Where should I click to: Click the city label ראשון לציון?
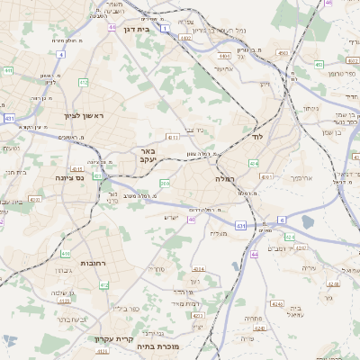(84, 116)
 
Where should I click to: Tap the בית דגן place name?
(136, 29)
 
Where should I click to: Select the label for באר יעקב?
(148, 155)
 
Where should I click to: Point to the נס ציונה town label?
(68, 178)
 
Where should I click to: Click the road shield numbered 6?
(281, 220)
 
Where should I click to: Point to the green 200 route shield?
(165, 184)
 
